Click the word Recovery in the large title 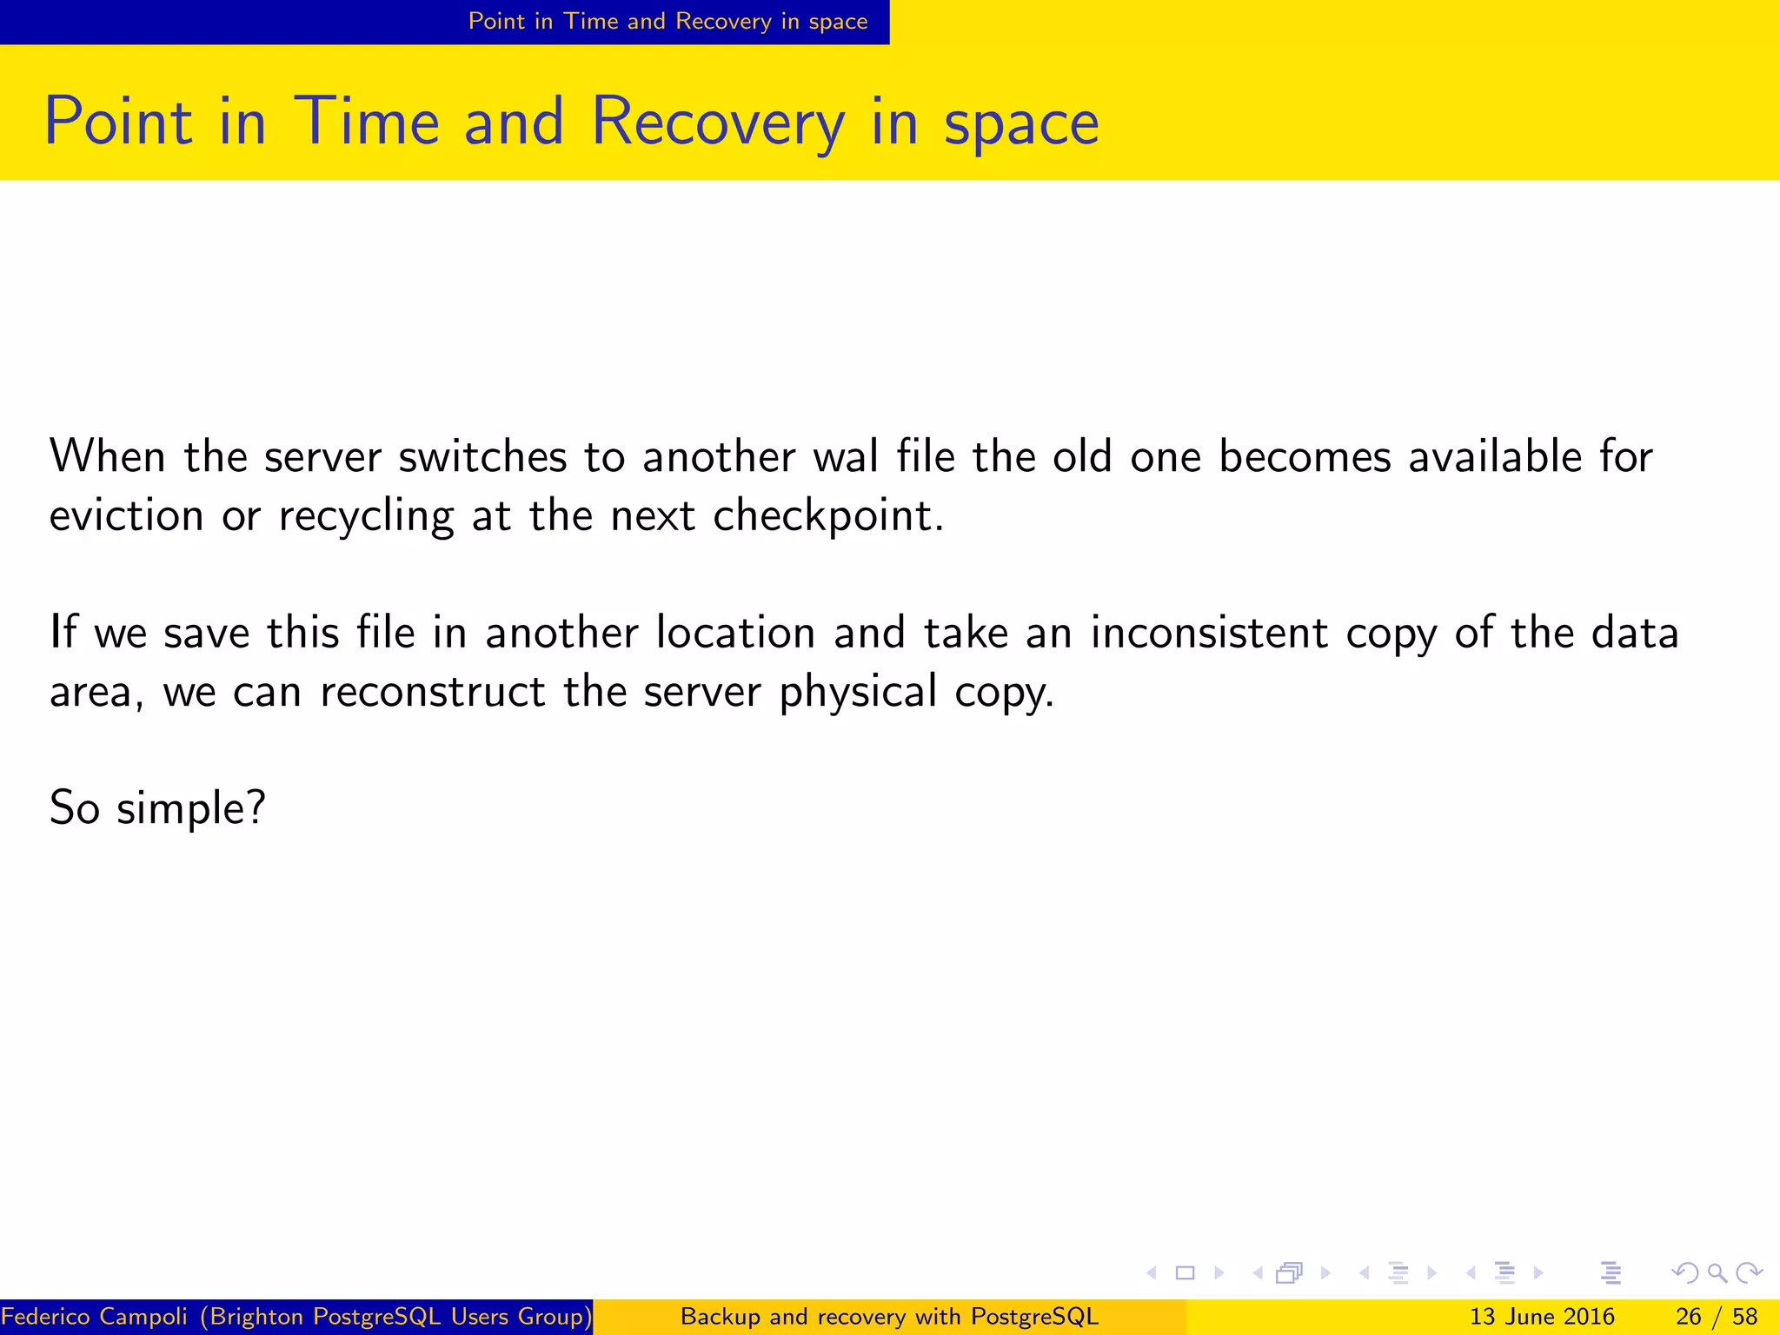717,122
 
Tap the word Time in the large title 367,122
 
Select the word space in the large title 1021,123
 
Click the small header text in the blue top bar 667,22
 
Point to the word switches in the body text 482,456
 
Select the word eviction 126,515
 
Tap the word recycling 366,517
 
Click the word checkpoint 826,517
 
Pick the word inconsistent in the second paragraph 1209,632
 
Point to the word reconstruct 433,692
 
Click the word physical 858,693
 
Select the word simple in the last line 189,809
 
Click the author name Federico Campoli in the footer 95,1317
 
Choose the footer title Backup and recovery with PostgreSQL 889,1317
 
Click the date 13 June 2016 1542,1317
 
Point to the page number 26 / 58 1717,1317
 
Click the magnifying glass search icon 1717,1273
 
